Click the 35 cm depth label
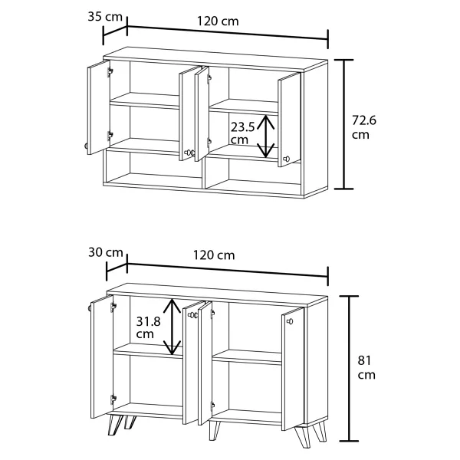point(105,17)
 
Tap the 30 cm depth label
point(106,252)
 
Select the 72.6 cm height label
point(363,127)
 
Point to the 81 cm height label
point(366,367)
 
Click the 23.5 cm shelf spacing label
point(242,133)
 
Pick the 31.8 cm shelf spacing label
point(148,327)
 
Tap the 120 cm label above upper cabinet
point(218,21)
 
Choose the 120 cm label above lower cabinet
point(214,255)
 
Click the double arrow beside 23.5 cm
point(265,136)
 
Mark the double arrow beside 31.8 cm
point(172,327)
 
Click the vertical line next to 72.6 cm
point(344,124)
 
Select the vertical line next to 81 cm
point(349,369)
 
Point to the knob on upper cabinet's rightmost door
point(286,159)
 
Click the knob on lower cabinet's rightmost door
point(290,321)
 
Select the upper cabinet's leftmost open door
point(99,107)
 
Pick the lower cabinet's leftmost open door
point(102,356)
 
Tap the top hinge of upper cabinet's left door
point(110,71)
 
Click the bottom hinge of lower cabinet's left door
point(113,399)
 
